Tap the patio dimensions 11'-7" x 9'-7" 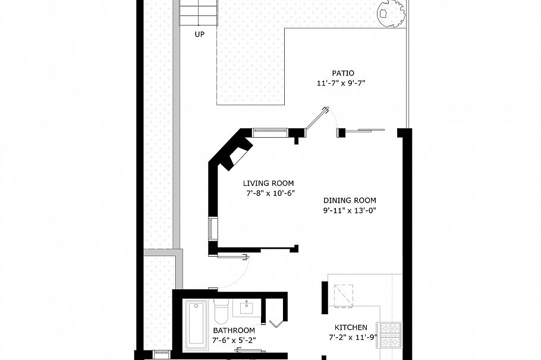point(340,84)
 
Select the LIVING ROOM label point(268,184)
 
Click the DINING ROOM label point(350,200)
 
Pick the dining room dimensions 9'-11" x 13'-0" point(350,210)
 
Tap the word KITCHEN point(350,327)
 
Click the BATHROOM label point(234,330)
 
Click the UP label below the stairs point(199,34)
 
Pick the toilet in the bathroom point(221,310)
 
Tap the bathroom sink point(244,307)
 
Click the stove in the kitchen point(391,335)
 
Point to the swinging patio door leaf point(318,118)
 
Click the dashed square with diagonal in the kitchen point(343,295)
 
